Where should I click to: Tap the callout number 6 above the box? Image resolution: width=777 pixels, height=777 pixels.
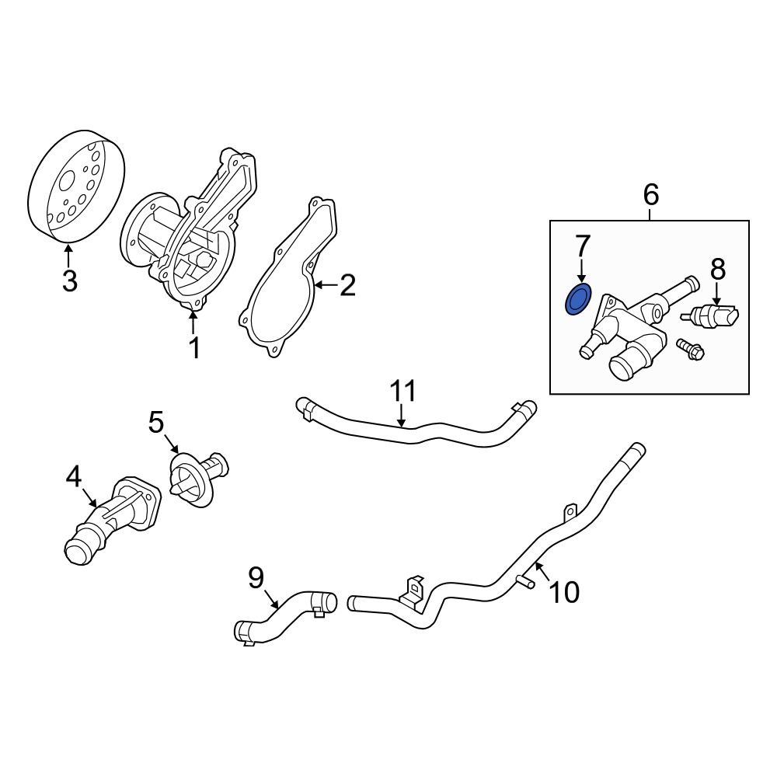click(x=650, y=194)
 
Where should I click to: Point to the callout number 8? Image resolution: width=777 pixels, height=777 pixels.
click(x=717, y=270)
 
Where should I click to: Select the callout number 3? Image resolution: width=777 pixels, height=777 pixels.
click(x=70, y=280)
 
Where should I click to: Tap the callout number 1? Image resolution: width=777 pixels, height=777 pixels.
click(x=194, y=348)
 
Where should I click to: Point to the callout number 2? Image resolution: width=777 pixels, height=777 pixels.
click(x=347, y=286)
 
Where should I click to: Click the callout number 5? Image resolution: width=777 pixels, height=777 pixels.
click(x=156, y=423)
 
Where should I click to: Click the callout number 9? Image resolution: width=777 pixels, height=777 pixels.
click(x=256, y=577)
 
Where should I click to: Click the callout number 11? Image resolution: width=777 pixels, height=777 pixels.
click(x=403, y=391)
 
